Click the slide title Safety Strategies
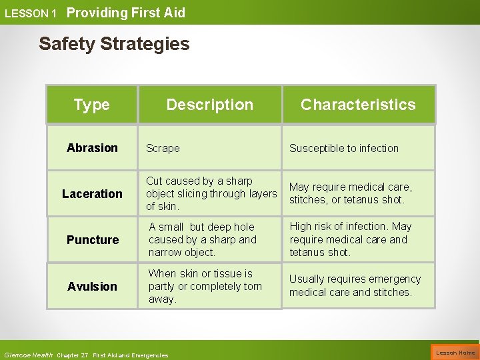coord(114,44)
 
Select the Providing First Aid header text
coord(126,13)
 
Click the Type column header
coord(92,105)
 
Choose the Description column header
coord(209,105)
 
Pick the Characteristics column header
coord(358,105)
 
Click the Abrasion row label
coord(92,148)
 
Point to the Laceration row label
coord(92,194)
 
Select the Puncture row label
coord(93,240)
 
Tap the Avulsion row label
coord(92,287)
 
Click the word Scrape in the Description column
coord(163,149)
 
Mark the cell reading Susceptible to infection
coord(344,149)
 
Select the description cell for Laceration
coord(211,193)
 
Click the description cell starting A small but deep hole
coord(203,239)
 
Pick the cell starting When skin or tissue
coord(205,286)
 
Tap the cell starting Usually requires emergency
coord(355,285)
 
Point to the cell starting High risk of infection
coord(351,239)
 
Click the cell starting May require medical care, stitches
coord(351,193)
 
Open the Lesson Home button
coord(455,353)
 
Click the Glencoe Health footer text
coord(29,355)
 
